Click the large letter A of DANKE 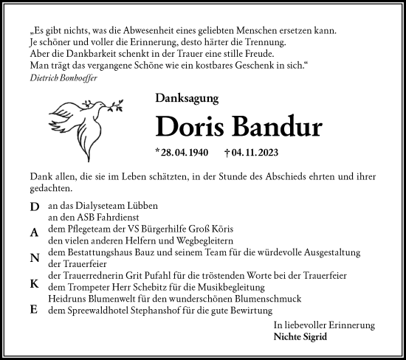(x=35, y=231)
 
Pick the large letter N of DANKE (x=35, y=257)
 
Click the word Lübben (x=141, y=207)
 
